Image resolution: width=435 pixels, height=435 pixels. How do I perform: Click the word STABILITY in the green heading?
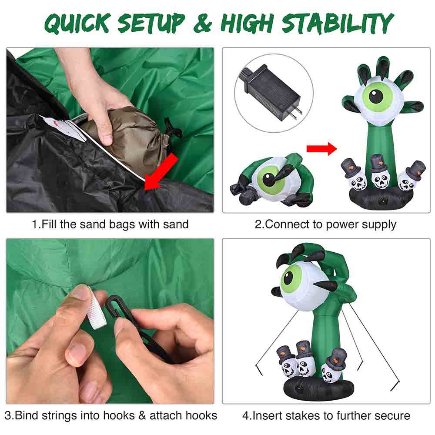click(338, 23)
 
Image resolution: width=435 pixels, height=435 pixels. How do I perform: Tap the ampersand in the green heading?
click(203, 23)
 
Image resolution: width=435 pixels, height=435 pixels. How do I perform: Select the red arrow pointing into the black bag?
click(161, 172)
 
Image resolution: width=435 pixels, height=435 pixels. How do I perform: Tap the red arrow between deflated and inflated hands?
click(321, 149)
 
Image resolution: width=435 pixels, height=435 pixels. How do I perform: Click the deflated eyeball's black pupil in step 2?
click(268, 179)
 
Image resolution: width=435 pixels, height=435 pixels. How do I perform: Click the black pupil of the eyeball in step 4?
click(288, 278)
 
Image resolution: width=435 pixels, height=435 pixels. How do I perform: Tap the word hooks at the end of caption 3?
click(201, 415)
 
